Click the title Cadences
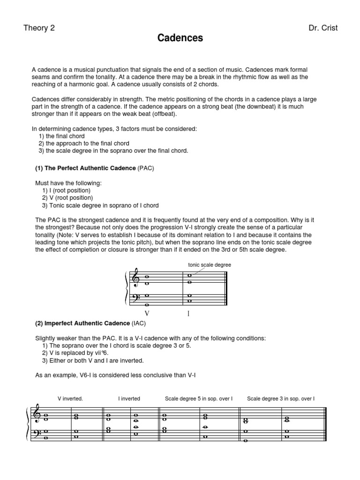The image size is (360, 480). coord(180,38)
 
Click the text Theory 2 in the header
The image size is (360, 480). coord(39,28)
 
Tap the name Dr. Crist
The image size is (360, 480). coord(322,28)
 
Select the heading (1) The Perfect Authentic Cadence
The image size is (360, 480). coord(86,167)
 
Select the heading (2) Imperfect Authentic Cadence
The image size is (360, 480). coord(82,323)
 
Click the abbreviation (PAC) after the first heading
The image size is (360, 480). coord(146,167)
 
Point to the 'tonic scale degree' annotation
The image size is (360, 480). coord(209,265)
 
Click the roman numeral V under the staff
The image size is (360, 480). coord(147,314)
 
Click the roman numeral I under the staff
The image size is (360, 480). coord(188,314)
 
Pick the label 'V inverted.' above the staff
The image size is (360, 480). coord(70,398)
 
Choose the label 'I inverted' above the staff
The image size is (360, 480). coord(129,398)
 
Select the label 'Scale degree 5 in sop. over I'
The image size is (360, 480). coord(198,398)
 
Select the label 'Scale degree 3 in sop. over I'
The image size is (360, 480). coord(280,398)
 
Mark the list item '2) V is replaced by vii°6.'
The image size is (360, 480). coord(76,353)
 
